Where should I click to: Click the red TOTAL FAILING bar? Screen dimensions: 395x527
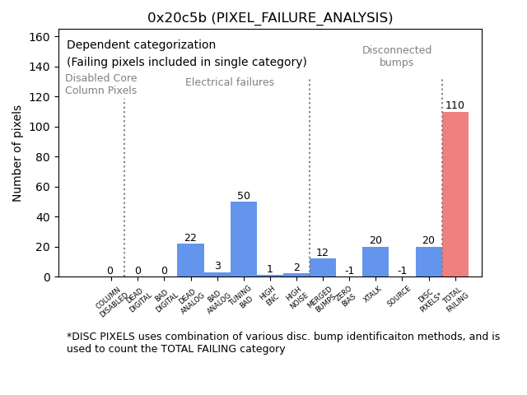455,194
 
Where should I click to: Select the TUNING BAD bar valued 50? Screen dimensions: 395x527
244,239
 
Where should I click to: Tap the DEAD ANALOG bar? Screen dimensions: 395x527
190,260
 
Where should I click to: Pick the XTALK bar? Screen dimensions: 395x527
375,262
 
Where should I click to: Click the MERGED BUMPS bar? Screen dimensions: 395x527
323,267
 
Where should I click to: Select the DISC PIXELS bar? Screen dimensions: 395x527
428,262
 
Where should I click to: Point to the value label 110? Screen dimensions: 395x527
455,105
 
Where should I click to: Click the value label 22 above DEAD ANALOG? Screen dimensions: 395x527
190,238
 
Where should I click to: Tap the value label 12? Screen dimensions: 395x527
323,253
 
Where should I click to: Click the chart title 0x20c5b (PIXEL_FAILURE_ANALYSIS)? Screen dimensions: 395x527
270,18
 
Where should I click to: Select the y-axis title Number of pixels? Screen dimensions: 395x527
18,153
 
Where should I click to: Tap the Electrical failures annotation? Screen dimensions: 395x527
230,82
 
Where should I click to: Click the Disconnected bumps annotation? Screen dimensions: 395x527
397,57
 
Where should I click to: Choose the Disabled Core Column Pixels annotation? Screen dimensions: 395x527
101,84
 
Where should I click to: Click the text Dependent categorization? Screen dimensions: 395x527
141,45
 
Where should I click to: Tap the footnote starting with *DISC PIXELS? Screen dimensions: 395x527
282,342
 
